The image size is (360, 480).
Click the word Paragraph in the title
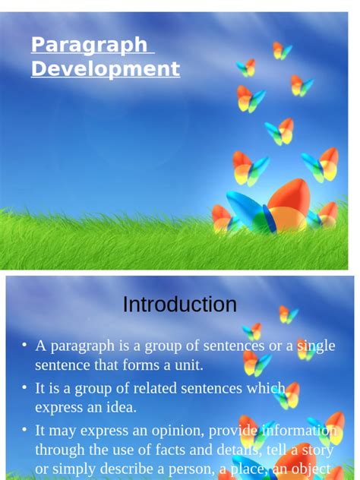pos(89,45)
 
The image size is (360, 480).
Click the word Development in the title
pos(105,69)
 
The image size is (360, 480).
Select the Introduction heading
pos(180,305)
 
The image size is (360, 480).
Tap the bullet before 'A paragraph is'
pos(24,346)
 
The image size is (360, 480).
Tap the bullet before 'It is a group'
pos(24,388)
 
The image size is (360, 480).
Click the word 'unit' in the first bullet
pos(189,365)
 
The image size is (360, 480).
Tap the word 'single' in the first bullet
pos(316,346)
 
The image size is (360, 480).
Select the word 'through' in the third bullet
pos(60,450)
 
